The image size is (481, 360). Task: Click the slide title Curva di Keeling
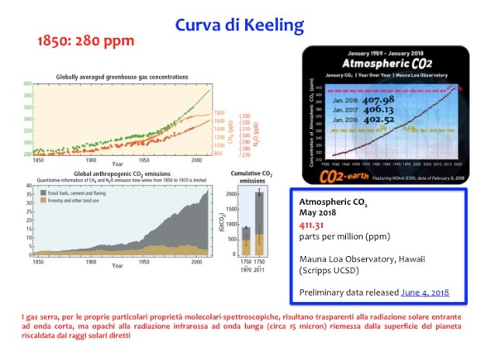(x=239, y=26)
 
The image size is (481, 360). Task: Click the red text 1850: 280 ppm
(x=86, y=40)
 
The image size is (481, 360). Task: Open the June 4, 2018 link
(x=424, y=293)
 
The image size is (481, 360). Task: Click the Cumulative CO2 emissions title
(x=255, y=177)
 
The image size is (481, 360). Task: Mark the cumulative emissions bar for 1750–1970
(x=246, y=240)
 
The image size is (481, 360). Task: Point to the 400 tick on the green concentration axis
(x=27, y=83)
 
